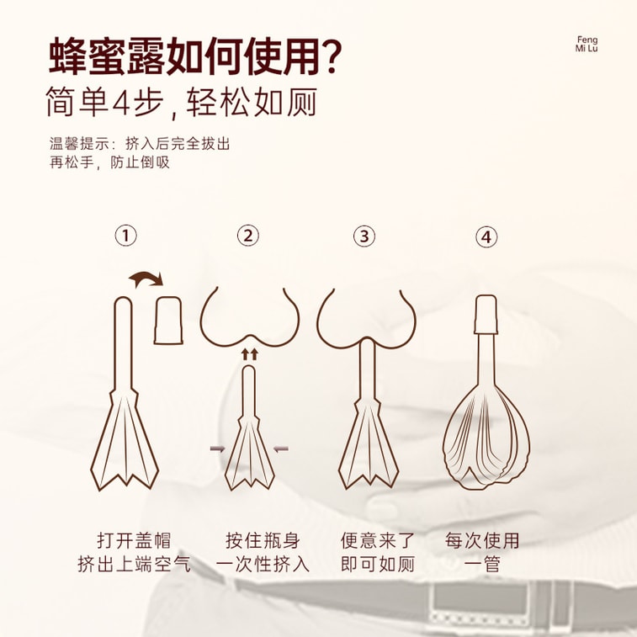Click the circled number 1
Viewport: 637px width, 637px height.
pos(126,236)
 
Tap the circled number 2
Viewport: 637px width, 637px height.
pos(247,236)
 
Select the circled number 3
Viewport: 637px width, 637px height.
pos(364,236)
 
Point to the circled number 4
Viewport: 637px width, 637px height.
pos(486,236)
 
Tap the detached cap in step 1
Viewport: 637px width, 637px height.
pos(168,320)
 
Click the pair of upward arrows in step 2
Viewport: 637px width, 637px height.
pos(249,354)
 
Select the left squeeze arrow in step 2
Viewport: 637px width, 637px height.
pos(217,449)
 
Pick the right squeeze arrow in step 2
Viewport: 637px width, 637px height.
pos(281,449)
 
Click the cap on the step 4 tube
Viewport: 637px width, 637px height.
pos(486,315)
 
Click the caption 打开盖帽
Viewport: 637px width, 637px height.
pos(134,541)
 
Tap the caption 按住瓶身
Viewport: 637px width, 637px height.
pos(263,541)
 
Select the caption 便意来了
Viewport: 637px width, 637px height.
pos(378,541)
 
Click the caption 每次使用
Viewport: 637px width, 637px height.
pos(482,541)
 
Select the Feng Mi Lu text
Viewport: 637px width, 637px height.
pos(587,44)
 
